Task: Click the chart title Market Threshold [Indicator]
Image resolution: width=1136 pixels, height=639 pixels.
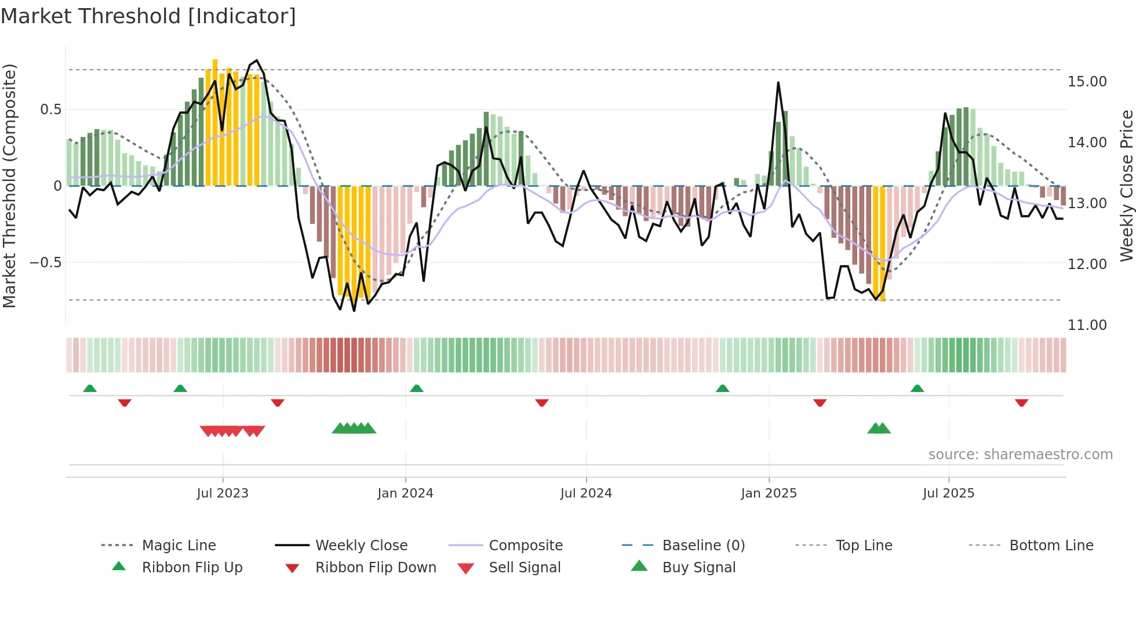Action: pos(148,16)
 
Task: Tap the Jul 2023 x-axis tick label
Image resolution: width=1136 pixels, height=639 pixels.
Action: pos(223,493)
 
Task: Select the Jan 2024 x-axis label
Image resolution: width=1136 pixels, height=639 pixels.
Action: pos(405,493)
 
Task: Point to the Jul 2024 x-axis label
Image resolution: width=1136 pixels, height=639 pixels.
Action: pos(586,493)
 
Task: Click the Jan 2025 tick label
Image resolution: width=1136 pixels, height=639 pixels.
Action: pos(769,493)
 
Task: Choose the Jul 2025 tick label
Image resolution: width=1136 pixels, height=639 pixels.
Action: pos(948,493)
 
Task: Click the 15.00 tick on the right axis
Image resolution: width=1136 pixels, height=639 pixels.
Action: pos(1087,82)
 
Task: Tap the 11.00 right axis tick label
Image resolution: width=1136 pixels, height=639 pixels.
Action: pos(1087,325)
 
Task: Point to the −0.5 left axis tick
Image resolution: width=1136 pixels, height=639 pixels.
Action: pos(45,263)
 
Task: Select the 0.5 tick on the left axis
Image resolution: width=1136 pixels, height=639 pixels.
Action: pos(50,110)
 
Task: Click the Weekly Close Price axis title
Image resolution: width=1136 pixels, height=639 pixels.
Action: pos(1126,186)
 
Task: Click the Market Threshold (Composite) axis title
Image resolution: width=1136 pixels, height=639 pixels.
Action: pos(9,186)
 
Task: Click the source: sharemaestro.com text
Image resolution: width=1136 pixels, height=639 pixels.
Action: pos(1020,455)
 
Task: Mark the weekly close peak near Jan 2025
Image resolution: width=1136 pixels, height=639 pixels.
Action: pos(778,83)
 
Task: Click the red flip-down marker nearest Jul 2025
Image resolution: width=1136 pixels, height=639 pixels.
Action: pos(1021,402)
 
